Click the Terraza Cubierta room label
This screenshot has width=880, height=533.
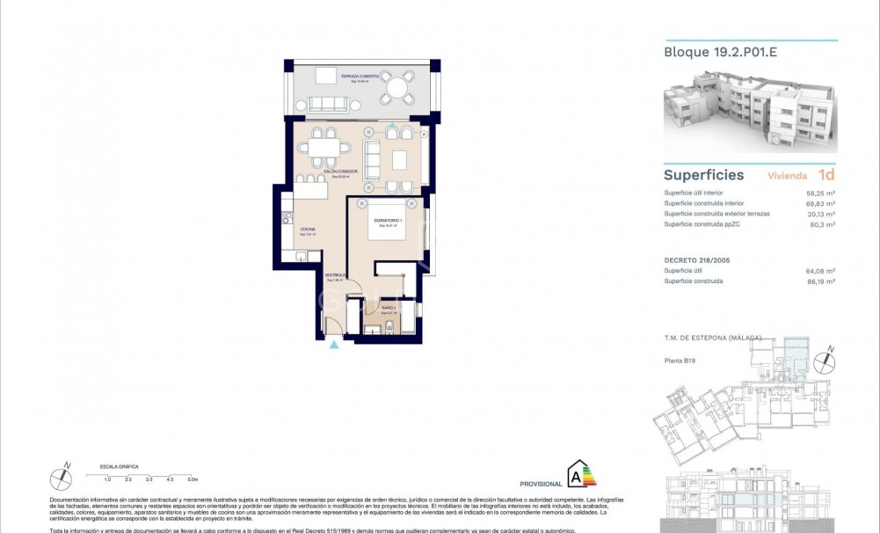tap(361, 77)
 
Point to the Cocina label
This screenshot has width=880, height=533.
tap(308, 230)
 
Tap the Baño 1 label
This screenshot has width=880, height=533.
tap(387, 308)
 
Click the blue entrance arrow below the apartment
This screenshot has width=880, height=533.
tap(333, 345)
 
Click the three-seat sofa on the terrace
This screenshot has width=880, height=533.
tap(327, 104)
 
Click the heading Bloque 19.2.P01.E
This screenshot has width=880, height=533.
tap(721, 52)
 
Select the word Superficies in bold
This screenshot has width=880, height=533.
tap(703, 175)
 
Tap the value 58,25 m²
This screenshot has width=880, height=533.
tap(821, 193)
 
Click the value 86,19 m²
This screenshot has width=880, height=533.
tap(821, 281)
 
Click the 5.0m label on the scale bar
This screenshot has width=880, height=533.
tap(193, 480)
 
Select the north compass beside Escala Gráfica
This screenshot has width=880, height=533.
tap(62, 477)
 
